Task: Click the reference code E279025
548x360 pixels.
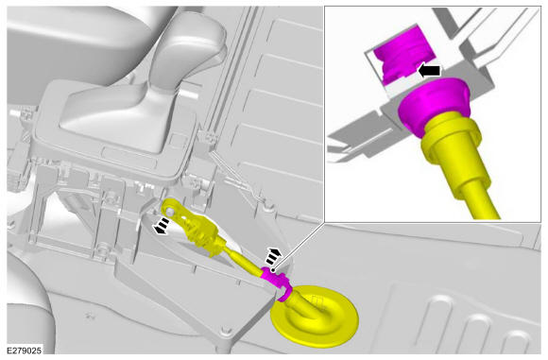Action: click(25, 351)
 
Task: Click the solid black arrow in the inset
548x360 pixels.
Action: click(430, 71)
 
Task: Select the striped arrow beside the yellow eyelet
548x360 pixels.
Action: click(162, 226)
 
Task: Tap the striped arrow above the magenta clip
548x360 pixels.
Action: click(274, 256)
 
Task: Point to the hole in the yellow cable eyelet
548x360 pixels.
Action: click(170, 211)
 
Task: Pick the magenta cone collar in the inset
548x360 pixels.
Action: click(434, 105)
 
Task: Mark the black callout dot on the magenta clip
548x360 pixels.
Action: click(273, 270)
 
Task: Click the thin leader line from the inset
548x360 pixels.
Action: click(299, 246)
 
